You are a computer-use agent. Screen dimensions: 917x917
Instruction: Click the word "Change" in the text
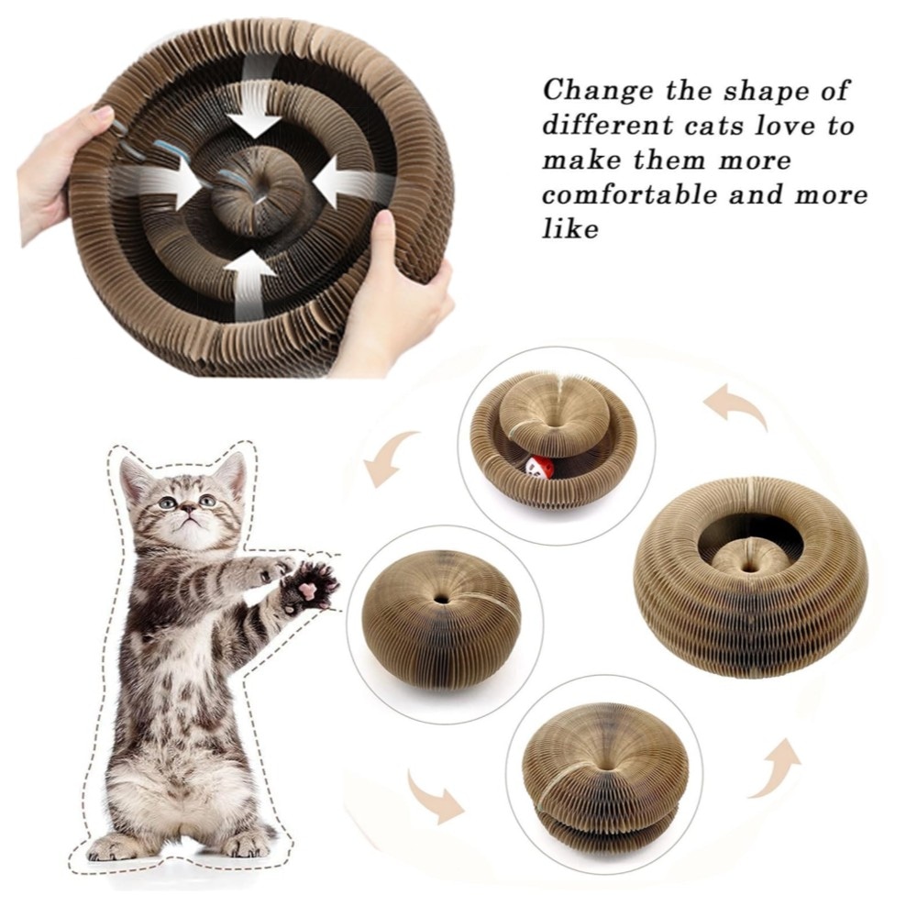coord(598,90)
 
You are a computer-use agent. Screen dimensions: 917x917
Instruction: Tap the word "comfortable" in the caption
coord(629,194)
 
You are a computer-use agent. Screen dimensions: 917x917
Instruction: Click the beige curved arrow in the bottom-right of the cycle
coord(776,770)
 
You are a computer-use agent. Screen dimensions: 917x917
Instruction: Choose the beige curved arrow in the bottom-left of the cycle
coord(434,794)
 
